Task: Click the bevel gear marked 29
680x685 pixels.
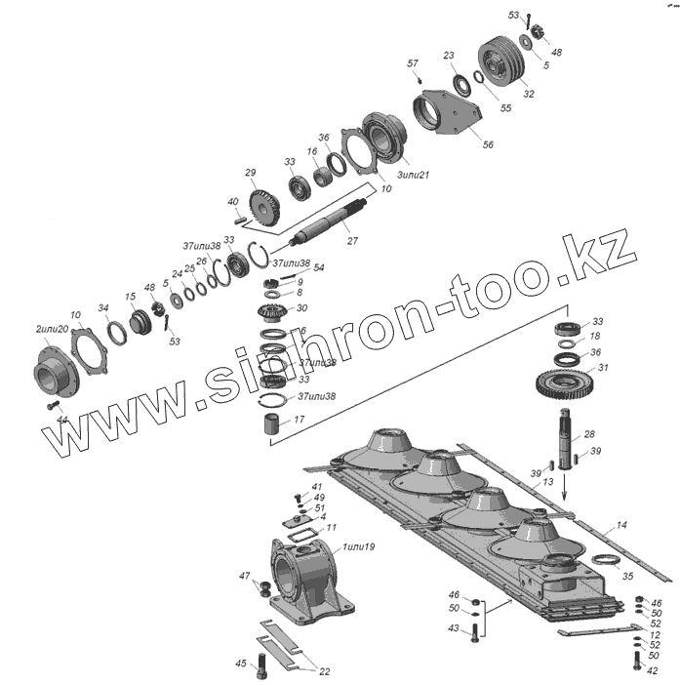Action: point(265,206)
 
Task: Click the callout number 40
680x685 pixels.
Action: point(233,202)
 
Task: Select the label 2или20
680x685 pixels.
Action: point(52,330)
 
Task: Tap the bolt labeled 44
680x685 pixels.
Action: point(54,405)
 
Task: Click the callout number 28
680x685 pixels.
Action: point(588,434)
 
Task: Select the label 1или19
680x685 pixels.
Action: point(356,546)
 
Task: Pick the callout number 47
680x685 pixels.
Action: point(245,577)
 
